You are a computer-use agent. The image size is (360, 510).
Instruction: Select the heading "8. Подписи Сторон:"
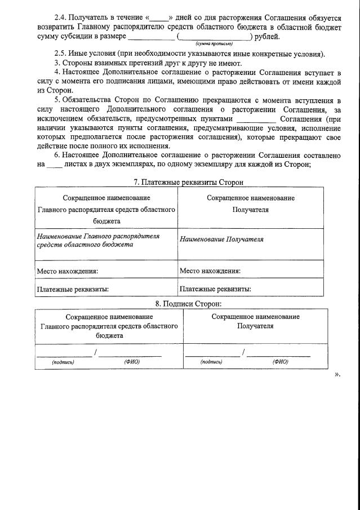coord(180,304)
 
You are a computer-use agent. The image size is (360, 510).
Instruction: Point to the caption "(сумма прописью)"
coord(214,43)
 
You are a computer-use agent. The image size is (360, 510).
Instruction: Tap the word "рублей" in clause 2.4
coord(267,37)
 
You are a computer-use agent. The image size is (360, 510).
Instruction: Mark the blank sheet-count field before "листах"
coord(54,165)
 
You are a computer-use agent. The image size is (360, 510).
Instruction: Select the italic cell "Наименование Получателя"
coord(221,240)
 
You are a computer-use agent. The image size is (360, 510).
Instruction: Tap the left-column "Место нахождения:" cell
coord(68,271)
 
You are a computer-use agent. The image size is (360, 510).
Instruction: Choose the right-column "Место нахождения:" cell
coord(210,271)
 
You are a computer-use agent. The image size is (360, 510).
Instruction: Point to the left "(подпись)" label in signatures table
coord(63,362)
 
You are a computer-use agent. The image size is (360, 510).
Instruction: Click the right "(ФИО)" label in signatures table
coord(280,362)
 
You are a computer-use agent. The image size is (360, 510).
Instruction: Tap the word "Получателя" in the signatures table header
coord(255,326)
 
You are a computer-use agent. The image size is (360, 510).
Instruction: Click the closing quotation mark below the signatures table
coord(337,374)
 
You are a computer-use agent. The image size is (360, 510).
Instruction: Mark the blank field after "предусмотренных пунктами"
coord(256,119)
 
